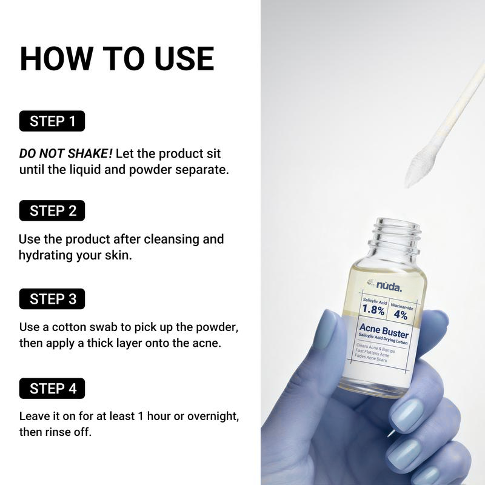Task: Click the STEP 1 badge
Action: (52, 121)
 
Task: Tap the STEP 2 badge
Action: (52, 210)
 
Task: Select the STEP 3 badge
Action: (52, 299)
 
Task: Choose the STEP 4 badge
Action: (52, 389)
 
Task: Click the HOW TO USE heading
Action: (116, 59)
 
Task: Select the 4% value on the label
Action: (401, 315)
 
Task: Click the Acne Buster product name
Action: (384, 333)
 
